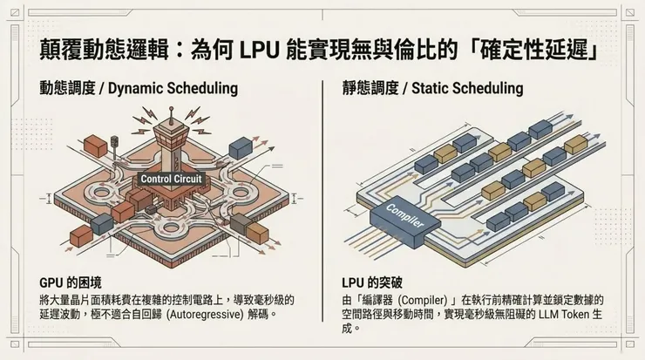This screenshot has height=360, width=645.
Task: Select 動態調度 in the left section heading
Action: [x=66, y=88]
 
